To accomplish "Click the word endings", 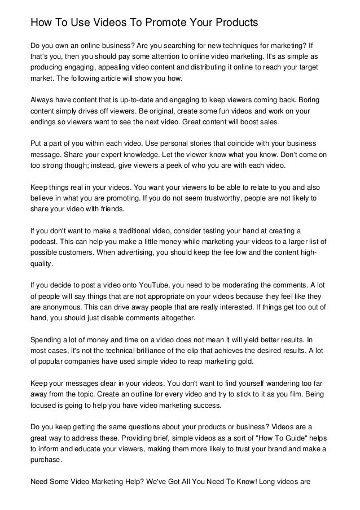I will pos(41,121).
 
